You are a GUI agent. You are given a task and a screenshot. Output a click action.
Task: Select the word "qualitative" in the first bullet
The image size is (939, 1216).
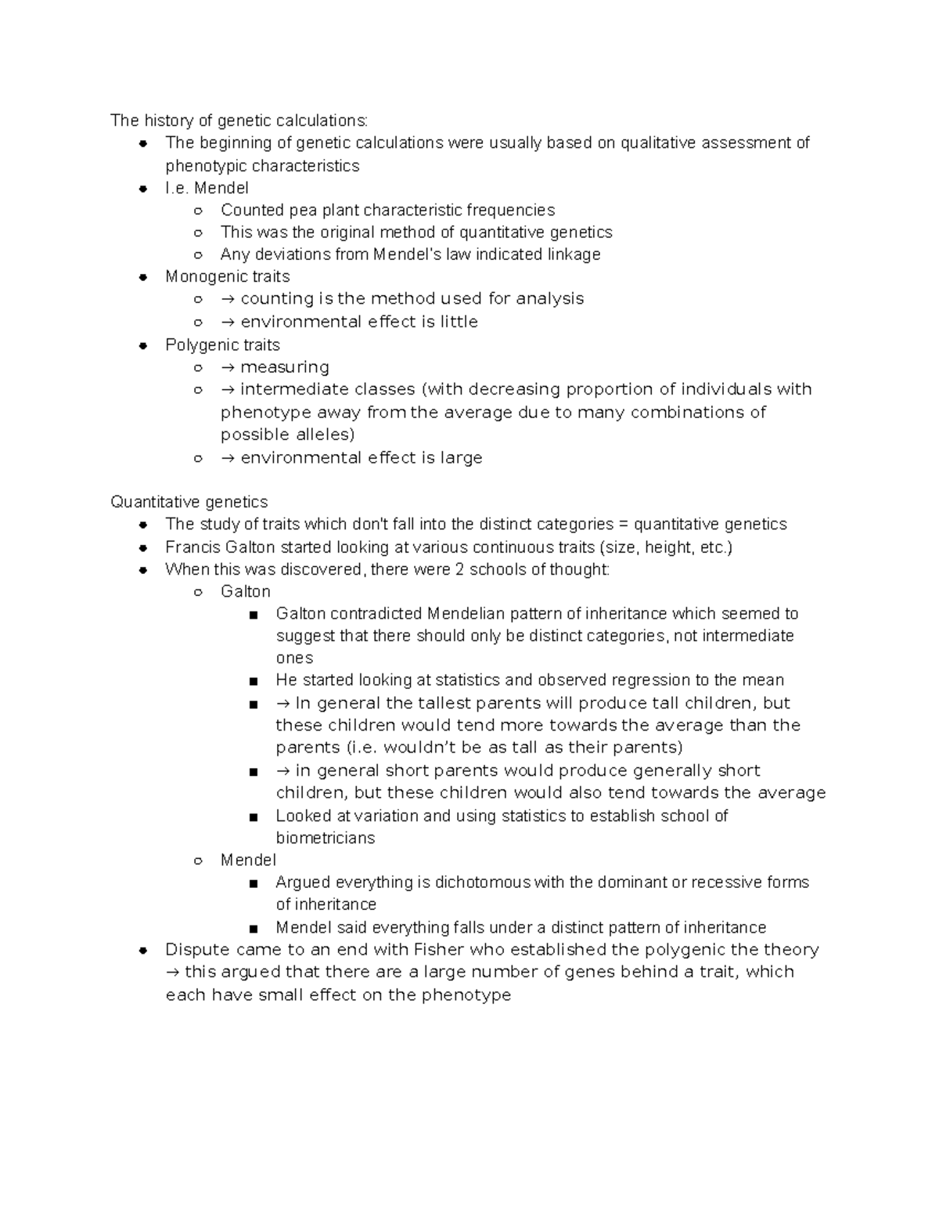click(658, 143)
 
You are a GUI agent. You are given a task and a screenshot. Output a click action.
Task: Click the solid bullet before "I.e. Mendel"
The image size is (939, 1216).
click(143, 189)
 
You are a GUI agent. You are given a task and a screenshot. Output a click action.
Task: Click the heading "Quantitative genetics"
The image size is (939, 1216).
click(189, 502)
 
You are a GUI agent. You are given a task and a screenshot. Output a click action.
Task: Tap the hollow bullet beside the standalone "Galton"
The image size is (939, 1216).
click(199, 593)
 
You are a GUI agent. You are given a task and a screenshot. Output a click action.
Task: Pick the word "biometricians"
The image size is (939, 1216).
click(325, 839)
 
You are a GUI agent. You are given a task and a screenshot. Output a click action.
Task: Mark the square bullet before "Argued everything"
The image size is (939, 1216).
click(253, 883)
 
